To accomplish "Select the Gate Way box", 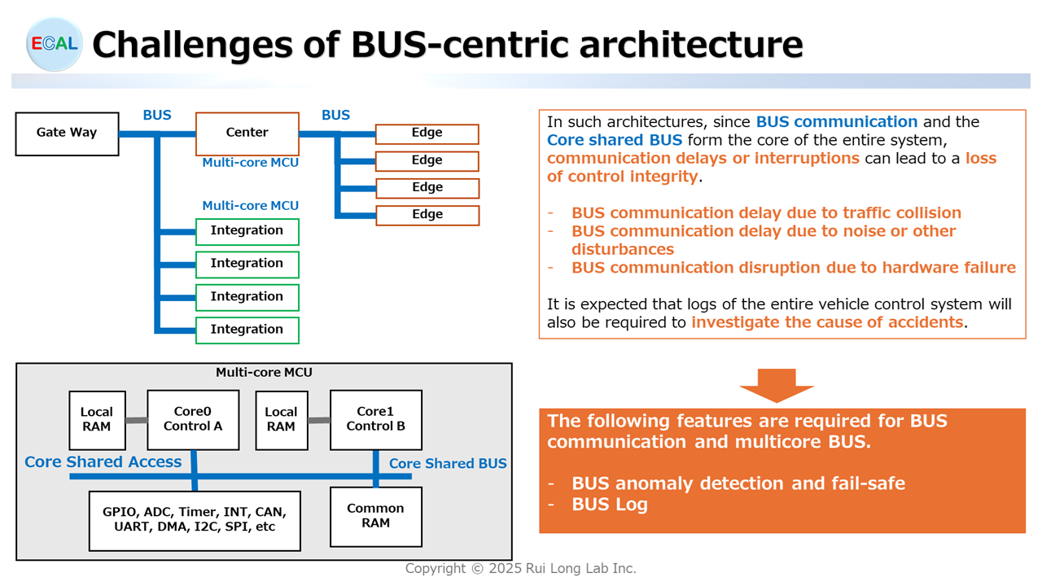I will pos(67,133).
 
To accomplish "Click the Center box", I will pos(247,133).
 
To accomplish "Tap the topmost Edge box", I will pos(427,133).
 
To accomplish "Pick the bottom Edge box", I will pos(427,215).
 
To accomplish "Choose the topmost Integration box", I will pos(247,231).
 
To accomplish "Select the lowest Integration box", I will pos(247,330).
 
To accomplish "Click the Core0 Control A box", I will pos(193,419).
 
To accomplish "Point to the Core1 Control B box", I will pos(375,419).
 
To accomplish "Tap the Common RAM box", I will pos(375,516).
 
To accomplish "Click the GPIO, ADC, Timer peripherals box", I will pos(195,519).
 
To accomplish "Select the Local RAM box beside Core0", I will pos(96,419).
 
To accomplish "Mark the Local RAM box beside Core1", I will pos(281,419).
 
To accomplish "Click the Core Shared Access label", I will pos(103,462).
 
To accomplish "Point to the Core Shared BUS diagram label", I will pos(448,464).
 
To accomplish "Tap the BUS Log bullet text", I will pos(610,505).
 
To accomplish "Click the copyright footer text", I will pos(521,569).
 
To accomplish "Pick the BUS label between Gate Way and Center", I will pos(157,116).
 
